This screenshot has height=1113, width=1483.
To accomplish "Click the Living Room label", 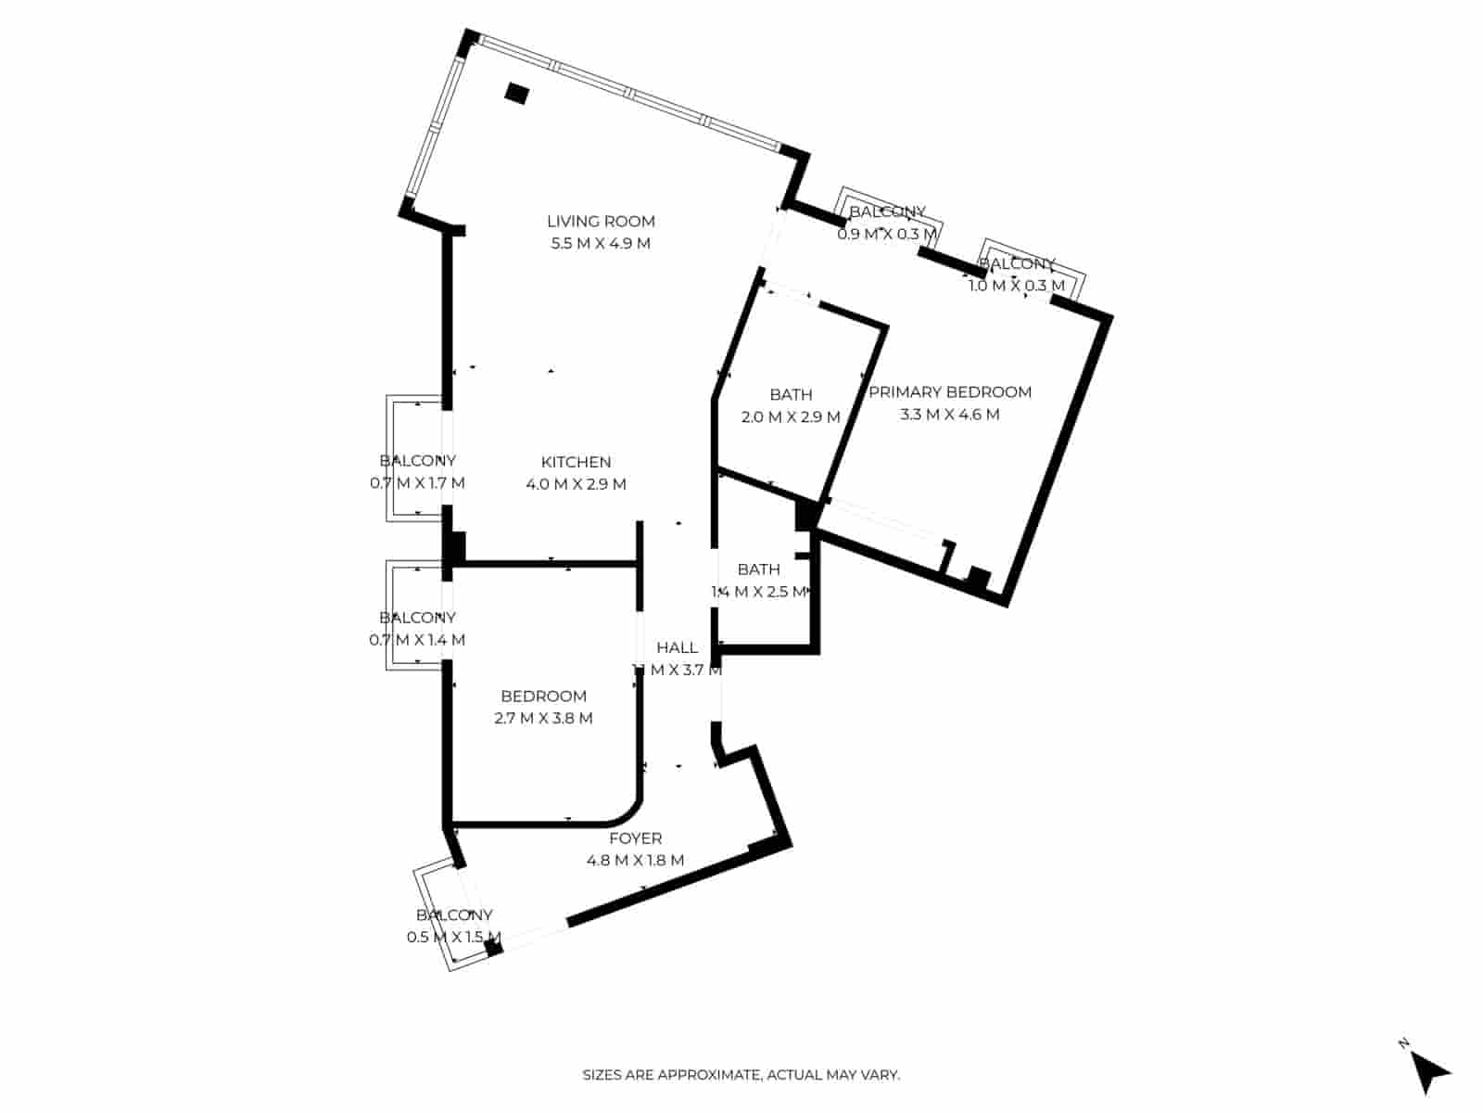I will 601,221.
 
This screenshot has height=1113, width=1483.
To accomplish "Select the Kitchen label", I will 576,462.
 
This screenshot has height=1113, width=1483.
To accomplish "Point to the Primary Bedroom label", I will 950,392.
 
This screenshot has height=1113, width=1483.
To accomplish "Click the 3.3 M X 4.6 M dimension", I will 950,415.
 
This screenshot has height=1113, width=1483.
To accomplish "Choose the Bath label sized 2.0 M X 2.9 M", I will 791,395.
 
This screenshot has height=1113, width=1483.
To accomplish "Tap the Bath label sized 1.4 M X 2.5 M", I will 758,569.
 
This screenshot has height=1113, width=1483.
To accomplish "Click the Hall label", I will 677,647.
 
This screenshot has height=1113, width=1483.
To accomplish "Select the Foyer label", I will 635,838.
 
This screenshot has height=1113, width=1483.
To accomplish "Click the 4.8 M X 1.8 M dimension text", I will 635,861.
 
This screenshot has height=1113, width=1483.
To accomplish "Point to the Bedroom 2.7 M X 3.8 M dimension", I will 543,718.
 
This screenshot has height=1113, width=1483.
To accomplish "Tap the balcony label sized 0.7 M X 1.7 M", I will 417,461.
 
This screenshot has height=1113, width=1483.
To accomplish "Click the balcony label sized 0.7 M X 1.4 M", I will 417,618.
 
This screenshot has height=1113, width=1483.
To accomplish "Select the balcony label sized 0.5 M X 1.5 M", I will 454,915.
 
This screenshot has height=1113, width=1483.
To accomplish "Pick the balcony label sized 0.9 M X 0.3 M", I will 887,212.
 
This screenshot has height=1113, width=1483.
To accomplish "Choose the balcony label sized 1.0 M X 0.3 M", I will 1017,264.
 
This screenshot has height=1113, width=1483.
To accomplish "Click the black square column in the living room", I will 517,93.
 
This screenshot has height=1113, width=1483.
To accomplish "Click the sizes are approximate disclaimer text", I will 741,1075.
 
